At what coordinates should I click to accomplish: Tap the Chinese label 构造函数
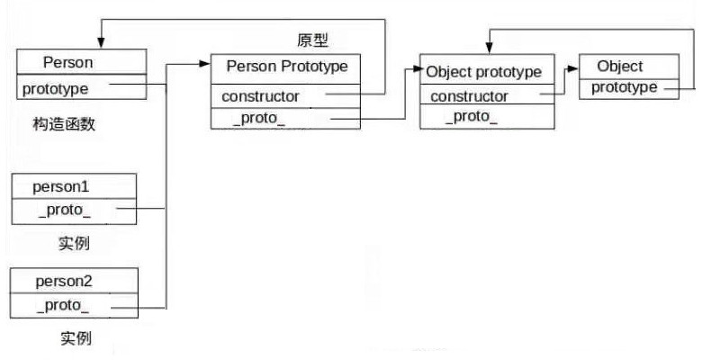(58, 125)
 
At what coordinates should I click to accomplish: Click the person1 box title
(63, 187)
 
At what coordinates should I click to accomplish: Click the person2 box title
(64, 282)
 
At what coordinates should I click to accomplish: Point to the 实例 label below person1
(74, 243)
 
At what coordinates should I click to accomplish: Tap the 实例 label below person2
(76, 338)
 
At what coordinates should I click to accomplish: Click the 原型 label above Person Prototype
(313, 40)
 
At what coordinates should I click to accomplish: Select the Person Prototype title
(286, 67)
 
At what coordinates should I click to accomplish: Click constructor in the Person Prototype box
(261, 94)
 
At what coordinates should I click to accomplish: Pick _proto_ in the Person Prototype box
(258, 118)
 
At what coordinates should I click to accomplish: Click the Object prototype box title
(483, 71)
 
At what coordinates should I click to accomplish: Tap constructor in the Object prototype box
(469, 96)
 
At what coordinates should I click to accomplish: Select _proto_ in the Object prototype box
(471, 118)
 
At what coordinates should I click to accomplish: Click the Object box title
(619, 67)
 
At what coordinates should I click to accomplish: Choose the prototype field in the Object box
(624, 87)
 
